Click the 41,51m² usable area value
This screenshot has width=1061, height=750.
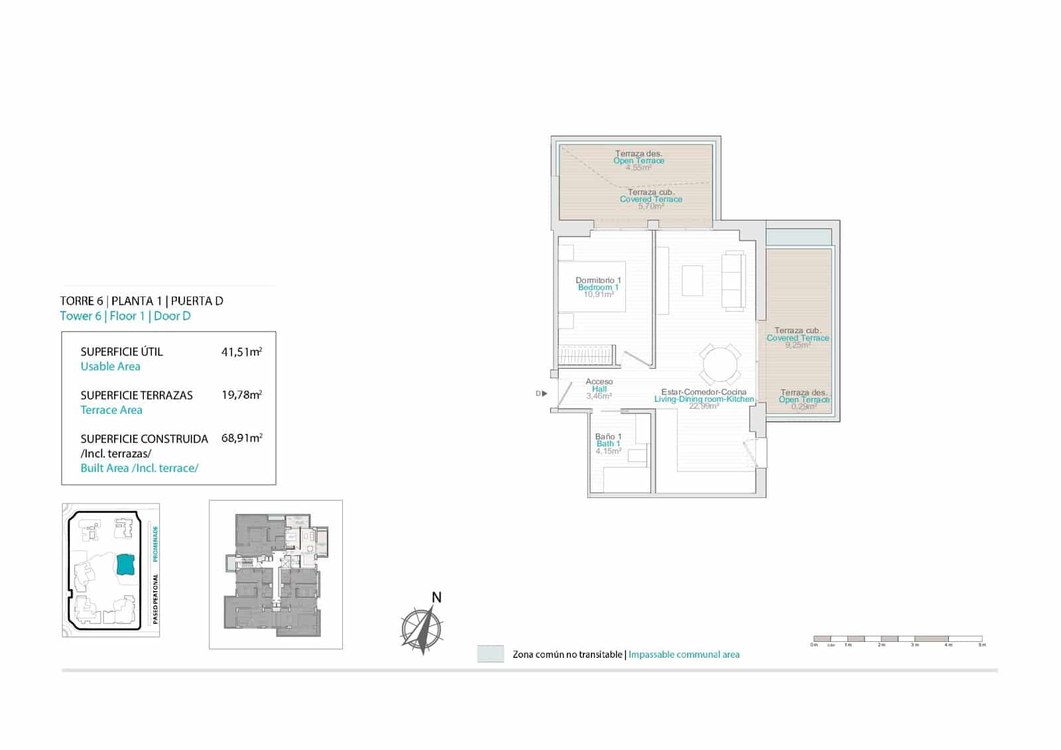[241, 352]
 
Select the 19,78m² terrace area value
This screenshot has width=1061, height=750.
[241, 395]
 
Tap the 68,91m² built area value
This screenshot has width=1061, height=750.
[241, 438]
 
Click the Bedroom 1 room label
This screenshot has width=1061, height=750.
[598, 287]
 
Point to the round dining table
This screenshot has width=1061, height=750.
[721, 365]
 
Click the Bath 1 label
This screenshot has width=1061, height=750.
[608, 444]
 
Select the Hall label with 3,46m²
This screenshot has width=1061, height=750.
[599, 389]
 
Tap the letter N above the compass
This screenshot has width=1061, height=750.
[436, 597]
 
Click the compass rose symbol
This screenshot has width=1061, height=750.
[422, 627]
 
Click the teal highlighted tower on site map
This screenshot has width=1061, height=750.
[125, 564]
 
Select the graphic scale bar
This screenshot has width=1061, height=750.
[898, 639]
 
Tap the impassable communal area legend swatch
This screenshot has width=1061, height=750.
[490, 654]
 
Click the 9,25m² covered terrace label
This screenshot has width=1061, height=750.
[798, 338]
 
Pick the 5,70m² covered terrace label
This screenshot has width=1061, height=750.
[651, 199]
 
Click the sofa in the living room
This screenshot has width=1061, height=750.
[734, 281]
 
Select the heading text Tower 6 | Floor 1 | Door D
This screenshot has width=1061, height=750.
[125, 316]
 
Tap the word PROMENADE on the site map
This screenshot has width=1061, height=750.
[156, 544]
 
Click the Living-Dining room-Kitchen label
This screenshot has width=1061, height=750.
[704, 399]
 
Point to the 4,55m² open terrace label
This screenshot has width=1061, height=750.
[639, 160]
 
